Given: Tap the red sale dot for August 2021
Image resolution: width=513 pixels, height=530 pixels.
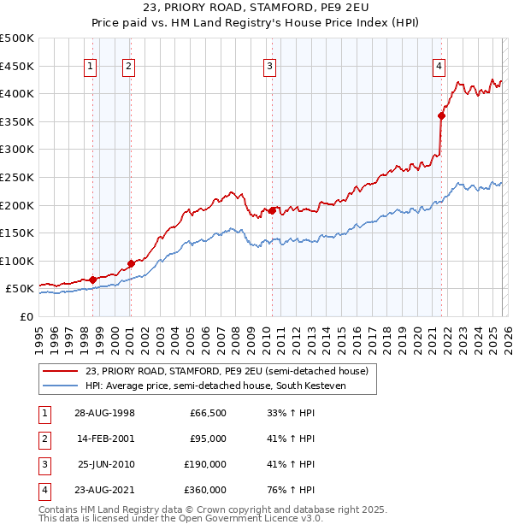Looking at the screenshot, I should point(442,115).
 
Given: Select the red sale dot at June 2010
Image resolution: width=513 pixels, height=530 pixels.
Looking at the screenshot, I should point(273,210).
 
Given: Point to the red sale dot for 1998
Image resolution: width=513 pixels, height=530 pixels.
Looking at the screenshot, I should point(92,280).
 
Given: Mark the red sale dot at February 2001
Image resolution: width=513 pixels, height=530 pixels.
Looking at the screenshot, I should point(131,263).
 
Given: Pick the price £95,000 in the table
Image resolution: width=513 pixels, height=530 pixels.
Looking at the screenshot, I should point(208,439).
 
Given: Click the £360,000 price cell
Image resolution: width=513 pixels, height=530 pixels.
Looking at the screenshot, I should point(205,490).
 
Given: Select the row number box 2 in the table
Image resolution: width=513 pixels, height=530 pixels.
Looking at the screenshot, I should point(43,439).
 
